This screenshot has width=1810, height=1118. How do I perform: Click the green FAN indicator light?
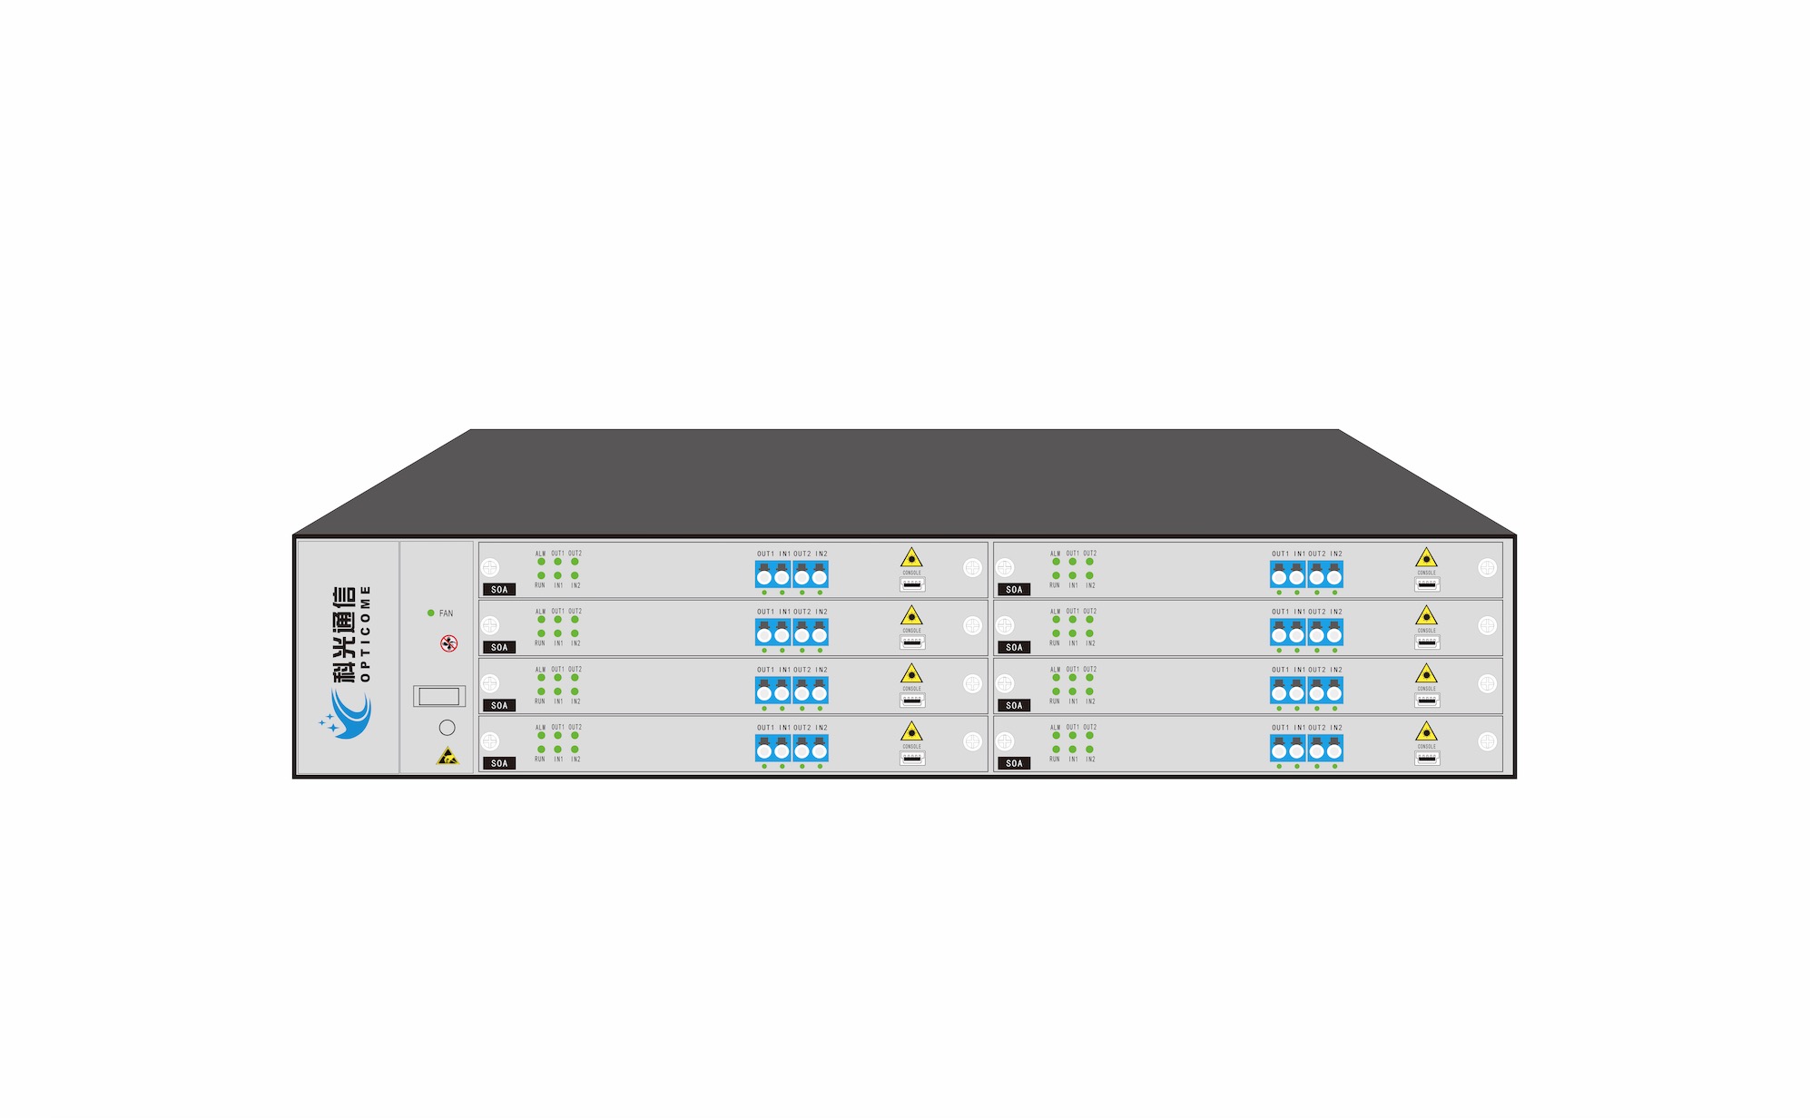click(x=431, y=613)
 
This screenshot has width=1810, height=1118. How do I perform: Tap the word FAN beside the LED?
click(x=446, y=613)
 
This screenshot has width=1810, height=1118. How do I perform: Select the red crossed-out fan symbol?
click(x=448, y=644)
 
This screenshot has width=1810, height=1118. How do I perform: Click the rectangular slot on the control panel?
click(x=439, y=696)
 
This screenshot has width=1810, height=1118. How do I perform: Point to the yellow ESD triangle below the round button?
click(x=448, y=756)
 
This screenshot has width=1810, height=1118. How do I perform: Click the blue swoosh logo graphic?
click(x=347, y=715)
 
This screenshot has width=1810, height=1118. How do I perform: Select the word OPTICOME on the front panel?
click(x=366, y=633)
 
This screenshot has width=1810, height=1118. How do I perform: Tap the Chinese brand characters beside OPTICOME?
click(x=344, y=633)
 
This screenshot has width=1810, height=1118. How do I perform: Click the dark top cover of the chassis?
click(x=905, y=482)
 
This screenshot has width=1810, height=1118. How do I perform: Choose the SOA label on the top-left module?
click(x=499, y=590)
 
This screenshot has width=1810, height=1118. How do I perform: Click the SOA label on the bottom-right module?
click(x=1014, y=763)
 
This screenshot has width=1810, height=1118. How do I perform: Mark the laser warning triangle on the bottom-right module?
click(x=1426, y=731)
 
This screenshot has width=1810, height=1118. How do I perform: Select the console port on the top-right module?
click(x=1427, y=584)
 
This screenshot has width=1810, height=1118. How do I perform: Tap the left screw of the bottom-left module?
click(x=490, y=741)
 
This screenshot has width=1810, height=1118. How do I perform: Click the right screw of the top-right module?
click(x=1487, y=568)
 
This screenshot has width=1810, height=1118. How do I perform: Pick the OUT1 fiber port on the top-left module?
click(x=764, y=575)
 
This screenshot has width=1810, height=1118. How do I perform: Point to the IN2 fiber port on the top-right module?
click(x=1334, y=575)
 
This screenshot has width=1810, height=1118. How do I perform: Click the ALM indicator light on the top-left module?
click(x=541, y=562)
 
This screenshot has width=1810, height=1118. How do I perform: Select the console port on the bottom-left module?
click(x=912, y=758)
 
